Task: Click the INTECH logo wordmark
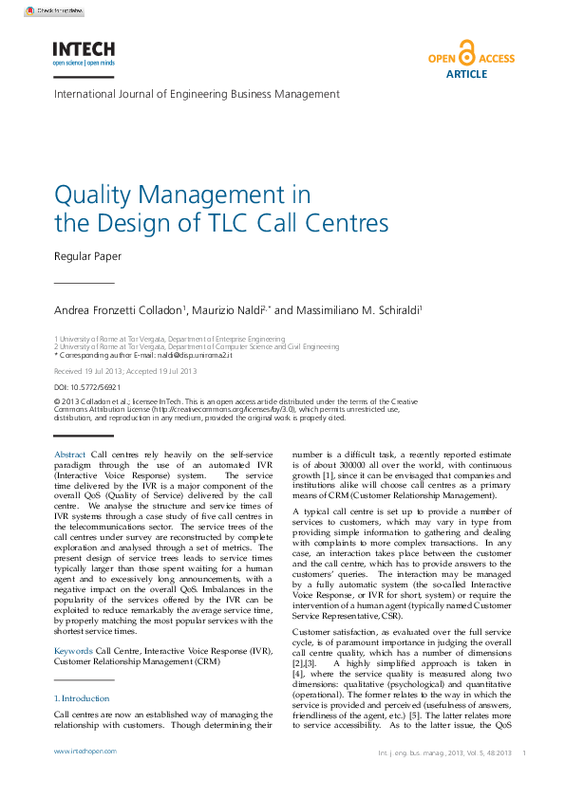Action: point(84,48)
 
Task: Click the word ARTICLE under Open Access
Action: point(466,73)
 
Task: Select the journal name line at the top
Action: point(197,95)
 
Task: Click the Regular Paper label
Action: point(87,256)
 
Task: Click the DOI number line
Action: point(87,387)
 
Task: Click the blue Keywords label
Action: point(73,651)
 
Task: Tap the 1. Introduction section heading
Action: point(82,698)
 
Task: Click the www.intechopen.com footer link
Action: point(85,751)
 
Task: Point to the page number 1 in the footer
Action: point(524,752)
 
